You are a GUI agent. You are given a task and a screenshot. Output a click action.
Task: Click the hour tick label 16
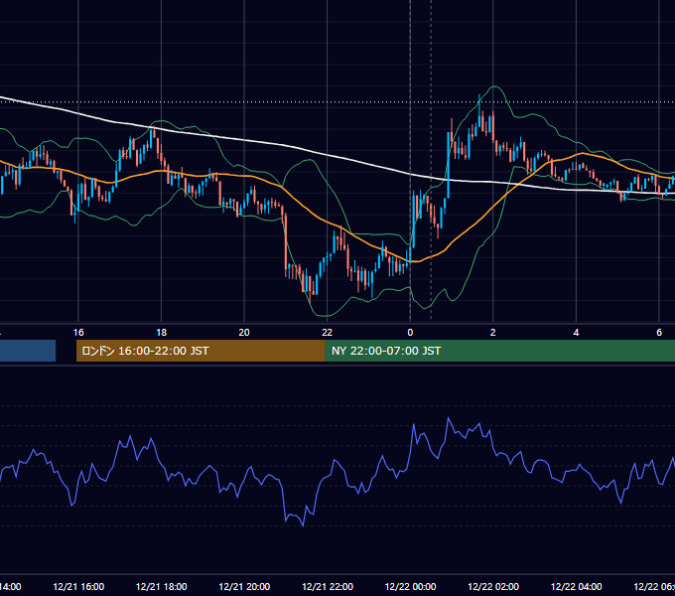coord(78,333)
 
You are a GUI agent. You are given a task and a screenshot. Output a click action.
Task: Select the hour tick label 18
coord(162,333)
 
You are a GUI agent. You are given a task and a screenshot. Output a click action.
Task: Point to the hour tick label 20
coord(244,333)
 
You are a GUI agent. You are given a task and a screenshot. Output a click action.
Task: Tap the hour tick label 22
coord(328,333)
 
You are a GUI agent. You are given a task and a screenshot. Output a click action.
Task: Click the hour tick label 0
coord(410,333)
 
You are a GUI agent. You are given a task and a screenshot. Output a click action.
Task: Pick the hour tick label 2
coord(493,333)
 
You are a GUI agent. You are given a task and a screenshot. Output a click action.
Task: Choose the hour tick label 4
coord(576,333)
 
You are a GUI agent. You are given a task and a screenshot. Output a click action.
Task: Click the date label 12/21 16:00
coord(78,586)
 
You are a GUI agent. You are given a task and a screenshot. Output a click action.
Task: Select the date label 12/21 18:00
coord(162,586)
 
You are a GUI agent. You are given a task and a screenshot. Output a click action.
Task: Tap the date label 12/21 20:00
coord(244,586)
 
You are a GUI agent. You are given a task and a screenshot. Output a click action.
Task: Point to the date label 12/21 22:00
coord(328,586)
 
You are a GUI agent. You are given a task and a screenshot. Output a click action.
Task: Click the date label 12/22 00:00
coord(410,586)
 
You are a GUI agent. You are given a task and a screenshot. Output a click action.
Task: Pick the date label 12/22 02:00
coord(493,586)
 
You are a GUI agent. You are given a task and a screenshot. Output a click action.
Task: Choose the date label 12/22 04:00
coord(577,586)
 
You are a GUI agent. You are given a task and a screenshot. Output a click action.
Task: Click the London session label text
coord(145,351)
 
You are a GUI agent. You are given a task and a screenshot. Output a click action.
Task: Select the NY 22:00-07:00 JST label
coord(386,351)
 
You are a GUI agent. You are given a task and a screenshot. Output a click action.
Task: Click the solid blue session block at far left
coord(28,351)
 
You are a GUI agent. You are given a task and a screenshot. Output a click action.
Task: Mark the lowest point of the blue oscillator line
coord(304,525)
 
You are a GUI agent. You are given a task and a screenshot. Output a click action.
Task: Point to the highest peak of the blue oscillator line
coord(448,417)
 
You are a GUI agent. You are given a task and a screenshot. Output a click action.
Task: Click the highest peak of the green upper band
coord(494,86)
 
